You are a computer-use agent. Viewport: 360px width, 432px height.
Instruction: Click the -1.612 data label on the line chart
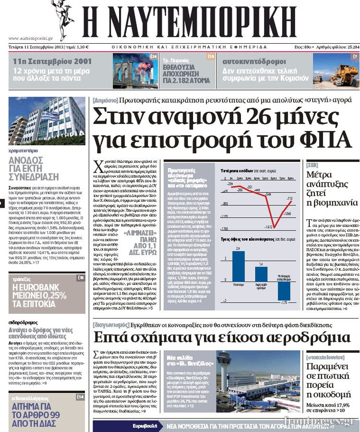269,226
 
